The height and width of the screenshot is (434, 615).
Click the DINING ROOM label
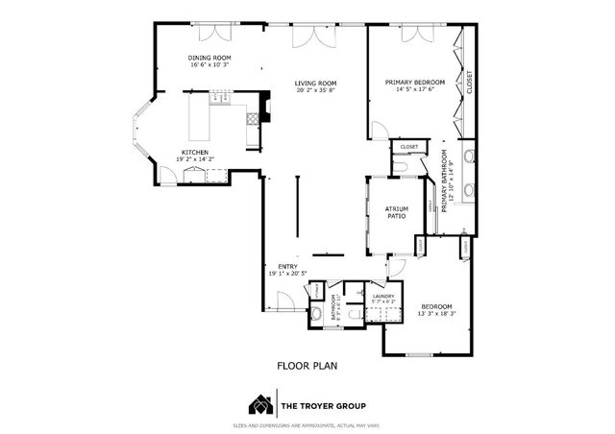pos(207,59)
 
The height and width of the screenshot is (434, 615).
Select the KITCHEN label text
pos(196,153)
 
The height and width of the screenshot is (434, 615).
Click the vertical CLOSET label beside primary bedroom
pos(470,84)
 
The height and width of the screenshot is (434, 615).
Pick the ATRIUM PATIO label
pos(397,212)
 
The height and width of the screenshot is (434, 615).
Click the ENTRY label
pos(287,267)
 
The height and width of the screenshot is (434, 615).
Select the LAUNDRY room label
pos(384,296)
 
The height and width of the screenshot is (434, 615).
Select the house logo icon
pos(258,403)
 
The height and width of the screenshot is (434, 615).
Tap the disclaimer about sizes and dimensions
pos(307,424)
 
